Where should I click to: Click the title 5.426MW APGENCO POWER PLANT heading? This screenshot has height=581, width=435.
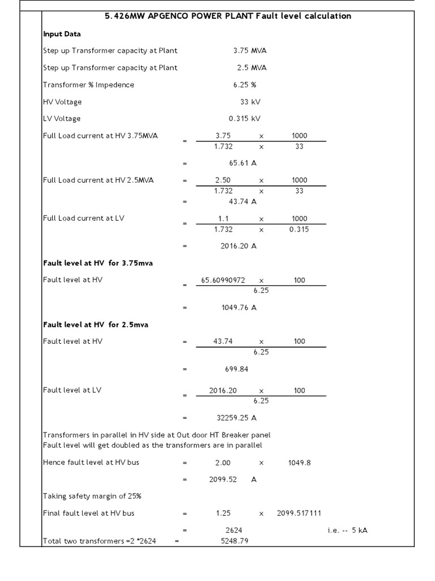[x=228, y=16]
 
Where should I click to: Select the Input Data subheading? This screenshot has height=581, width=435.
[x=62, y=34]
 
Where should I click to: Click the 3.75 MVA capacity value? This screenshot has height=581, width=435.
[x=250, y=50]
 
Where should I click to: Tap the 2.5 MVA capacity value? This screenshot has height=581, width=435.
[x=251, y=68]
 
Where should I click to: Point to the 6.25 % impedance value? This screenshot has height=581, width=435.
[x=245, y=85]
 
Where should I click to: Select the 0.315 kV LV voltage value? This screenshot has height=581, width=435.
[x=245, y=119]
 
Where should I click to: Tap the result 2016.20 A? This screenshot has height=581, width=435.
[x=238, y=246]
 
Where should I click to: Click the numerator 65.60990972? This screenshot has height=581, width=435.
[x=223, y=280]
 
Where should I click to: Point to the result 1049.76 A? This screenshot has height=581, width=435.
[x=238, y=308]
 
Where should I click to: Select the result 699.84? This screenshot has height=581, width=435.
[x=237, y=369]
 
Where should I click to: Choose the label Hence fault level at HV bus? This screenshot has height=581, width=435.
[x=91, y=462]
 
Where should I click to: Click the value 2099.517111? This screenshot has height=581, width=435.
[x=299, y=513]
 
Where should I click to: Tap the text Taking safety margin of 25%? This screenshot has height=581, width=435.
[x=92, y=496]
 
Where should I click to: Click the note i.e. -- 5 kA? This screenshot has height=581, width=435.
[x=347, y=531]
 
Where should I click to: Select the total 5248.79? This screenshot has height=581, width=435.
[x=234, y=541]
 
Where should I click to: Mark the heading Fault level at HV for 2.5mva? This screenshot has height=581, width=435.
[x=96, y=325]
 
